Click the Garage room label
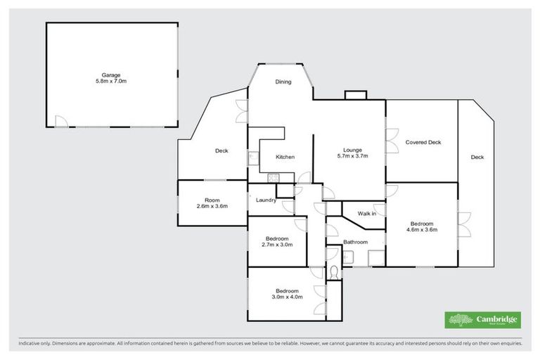point(112,74)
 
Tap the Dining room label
point(283,82)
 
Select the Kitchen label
point(285,157)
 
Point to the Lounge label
point(352,149)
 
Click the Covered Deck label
point(423,142)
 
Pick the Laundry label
point(265,199)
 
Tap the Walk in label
point(367,213)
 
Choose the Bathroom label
point(355,243)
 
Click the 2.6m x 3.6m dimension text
point(212,206)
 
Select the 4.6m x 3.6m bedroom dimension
point(423,230)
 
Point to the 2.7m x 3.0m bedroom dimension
point(277,245)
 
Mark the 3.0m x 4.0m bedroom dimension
point(288,297)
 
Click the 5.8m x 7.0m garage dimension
point(112,82)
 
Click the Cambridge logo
point(482,320)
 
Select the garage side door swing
point(61,122)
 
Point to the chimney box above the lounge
point(354,96)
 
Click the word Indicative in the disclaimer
point(30,343)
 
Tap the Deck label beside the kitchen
point(222,150)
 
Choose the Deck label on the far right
point(477,157)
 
